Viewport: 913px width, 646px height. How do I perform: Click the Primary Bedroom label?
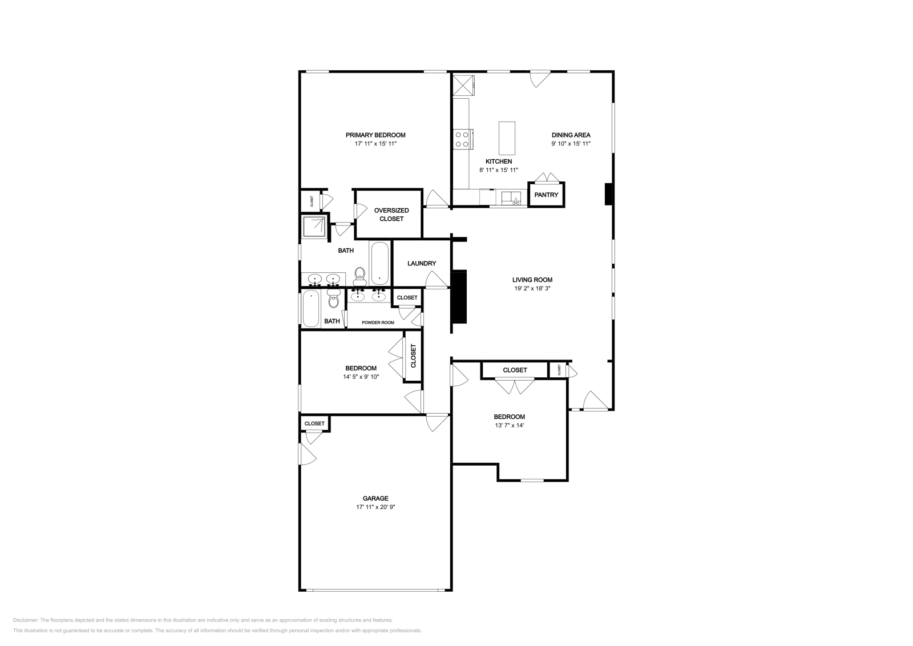click(x=375, y=135)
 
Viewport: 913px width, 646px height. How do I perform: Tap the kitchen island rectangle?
click(x=507, y=138)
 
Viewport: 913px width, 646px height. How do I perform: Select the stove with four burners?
click(x=461, y=139)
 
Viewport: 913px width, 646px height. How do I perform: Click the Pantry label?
click(x=546, y=195)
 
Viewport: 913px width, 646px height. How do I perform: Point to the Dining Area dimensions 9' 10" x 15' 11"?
click(x=571, y=144)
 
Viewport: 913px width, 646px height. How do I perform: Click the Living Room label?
click(x=532, y=280)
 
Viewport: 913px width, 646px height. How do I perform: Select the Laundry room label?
click(x=422, y=263)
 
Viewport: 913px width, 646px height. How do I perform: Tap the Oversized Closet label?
click(x=391, y=215)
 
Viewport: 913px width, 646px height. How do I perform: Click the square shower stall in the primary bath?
click(x=314, y=227)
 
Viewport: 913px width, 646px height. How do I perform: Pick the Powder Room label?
click(x=378, y=322)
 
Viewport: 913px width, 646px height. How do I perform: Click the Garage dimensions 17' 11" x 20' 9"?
click(x=375, y=507)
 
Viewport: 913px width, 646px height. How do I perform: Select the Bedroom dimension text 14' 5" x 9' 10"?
click(x=361, y=377)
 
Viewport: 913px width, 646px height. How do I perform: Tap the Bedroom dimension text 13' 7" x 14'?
click(x=510, y=425)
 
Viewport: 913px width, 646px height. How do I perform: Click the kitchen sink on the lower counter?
click(x=512, y=199)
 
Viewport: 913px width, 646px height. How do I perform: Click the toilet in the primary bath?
click(x=360, y=276)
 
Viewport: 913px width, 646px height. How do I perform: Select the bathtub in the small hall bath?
click(x=311, y=309)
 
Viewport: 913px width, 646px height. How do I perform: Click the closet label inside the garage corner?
click(x=314, y=423)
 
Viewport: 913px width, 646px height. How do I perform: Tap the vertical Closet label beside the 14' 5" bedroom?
click(x=413, y=356)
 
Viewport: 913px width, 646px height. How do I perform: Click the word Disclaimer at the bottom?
click(x=25, y=620)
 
